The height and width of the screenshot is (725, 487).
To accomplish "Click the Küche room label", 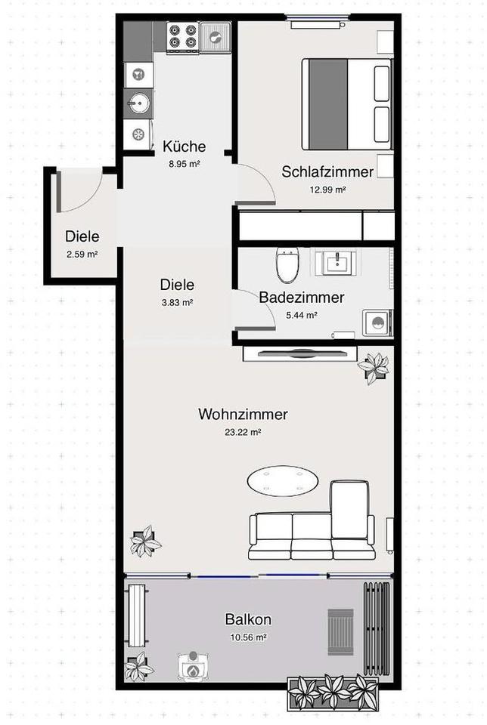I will click(x=184, y=147).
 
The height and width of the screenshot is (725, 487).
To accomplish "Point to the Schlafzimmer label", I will click(x=327, y=171).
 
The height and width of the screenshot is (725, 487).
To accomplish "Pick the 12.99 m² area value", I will click(x=327, y=189).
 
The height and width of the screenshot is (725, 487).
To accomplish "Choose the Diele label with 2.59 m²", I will click(x=82, y=236).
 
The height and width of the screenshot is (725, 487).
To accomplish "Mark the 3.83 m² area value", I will click(x=177, y=302).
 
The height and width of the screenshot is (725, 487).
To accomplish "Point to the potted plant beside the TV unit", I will click(x=374, y=367).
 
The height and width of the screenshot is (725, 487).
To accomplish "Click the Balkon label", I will click(x=247, y=620).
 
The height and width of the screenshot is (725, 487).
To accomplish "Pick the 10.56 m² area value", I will click(x=247, y=637).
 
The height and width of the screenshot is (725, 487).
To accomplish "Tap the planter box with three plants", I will click(x=333, y=691).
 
